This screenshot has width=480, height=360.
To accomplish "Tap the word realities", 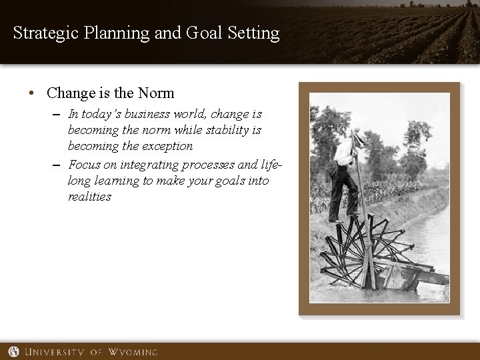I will [x=89, y=197].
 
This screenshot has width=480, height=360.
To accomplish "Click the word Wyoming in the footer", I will [x=131, y=351].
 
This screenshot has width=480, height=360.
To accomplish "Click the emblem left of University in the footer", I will [x=14, y=351].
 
